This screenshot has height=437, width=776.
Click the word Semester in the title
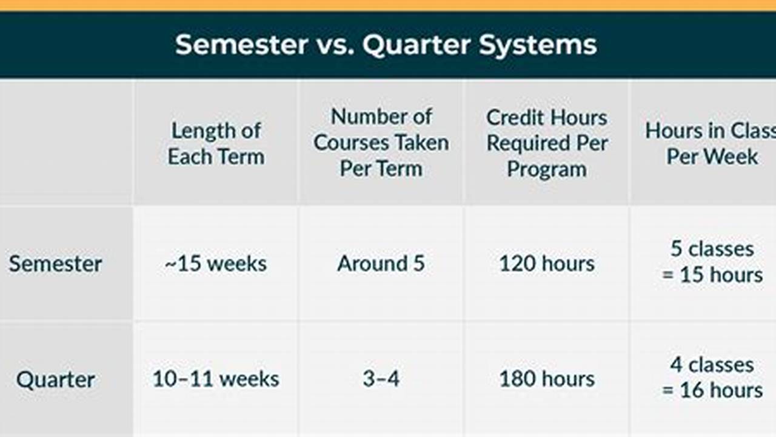pos(241,45)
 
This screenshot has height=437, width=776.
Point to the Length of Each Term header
pos(216,144)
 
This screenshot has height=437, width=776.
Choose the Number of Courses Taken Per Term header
pos(381,143)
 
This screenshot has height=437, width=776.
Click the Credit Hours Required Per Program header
pos(547,143)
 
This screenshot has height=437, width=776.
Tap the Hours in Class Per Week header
pos(710,144)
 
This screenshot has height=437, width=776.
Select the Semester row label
pos(55,263)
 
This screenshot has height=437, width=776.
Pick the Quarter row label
pos(55,379)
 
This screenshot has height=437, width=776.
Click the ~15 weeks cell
pos(216,263)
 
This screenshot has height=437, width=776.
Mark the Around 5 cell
pos(381,263)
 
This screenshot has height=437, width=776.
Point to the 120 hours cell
pos(547,263)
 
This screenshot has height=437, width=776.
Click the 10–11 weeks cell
pos(216,379)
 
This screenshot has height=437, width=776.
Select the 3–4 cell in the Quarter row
pos(381,379)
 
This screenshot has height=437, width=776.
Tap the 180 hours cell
pos(547,379)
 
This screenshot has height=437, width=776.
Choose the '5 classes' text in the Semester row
pos(712,249)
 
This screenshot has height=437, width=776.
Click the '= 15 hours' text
pos(712,275)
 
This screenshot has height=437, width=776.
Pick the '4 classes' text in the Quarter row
pos(712,365)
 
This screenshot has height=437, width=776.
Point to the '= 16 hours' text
pos(712,390)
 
